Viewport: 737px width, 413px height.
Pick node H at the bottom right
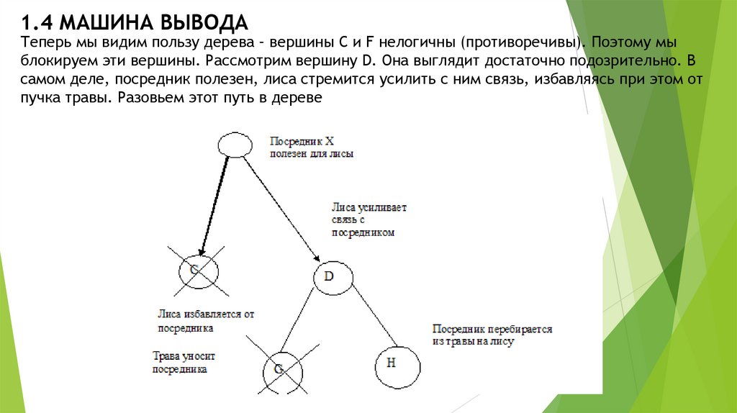[391, 363]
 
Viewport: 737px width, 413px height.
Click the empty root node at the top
[235, 145]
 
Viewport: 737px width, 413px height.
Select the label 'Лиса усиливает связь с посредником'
[368, 220]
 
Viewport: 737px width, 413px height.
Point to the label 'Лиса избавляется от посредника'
[206, 321]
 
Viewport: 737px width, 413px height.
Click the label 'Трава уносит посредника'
[184, 363]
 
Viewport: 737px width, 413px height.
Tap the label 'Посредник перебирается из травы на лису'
[492, 335]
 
